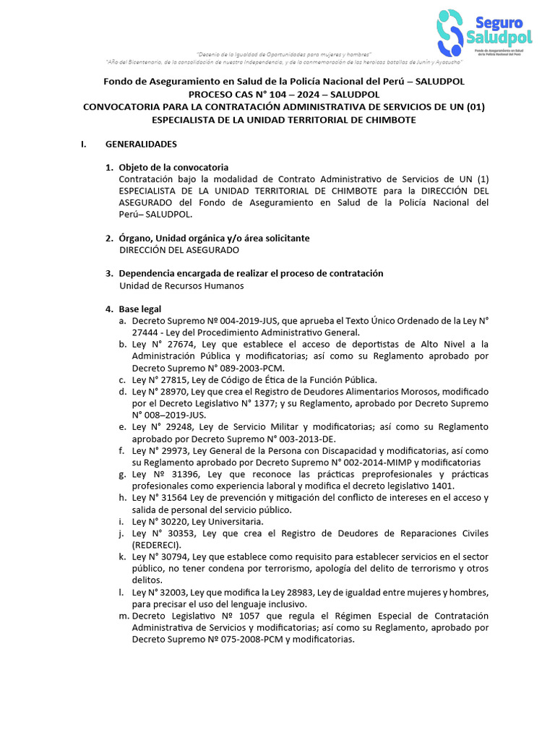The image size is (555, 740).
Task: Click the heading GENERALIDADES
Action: (x=141, y=144)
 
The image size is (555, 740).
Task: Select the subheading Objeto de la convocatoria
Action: (x=173, y=167)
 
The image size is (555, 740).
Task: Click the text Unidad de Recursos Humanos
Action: (x=181, y=285)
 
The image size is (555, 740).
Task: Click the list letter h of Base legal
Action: (x=122, y=498)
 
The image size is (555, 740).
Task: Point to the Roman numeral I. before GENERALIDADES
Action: (x=84, y=144)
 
